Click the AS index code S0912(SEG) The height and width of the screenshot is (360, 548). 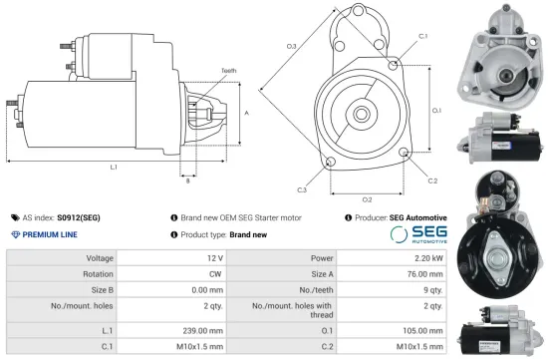tap(78, 216)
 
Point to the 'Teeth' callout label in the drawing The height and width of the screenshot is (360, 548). tap(229, 71)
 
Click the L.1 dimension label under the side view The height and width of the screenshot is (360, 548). tap(114, 167)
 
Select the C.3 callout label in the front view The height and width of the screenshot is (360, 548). tap(301, 188)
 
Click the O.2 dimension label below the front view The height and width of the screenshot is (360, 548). tap(367, 200)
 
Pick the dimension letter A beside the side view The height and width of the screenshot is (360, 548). tap(245, 113)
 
